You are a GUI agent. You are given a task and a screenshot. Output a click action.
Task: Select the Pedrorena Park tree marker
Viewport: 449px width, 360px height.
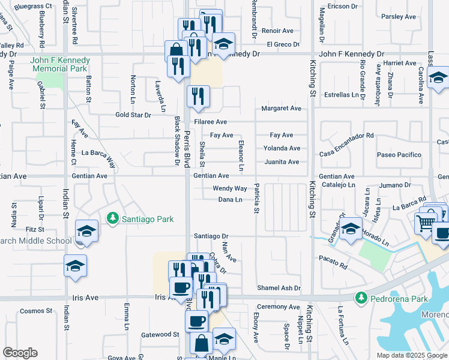tap(361, 298)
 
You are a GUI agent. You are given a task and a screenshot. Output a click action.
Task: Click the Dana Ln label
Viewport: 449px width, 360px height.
tap(230, 200)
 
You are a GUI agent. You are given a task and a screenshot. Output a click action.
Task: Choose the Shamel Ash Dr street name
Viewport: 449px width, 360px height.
tap(279, 288)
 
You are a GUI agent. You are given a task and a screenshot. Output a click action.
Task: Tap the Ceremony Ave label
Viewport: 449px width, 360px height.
tap(279, 307)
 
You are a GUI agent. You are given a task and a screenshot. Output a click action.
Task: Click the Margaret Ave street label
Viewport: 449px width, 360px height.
tap(281, 109)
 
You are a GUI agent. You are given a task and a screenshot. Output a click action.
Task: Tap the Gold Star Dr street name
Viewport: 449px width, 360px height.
tap(133, 115)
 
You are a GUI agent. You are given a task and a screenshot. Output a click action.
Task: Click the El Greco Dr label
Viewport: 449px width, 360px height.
tap(283, 44)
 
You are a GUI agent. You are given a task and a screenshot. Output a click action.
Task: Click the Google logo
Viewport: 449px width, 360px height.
tap(20, 353)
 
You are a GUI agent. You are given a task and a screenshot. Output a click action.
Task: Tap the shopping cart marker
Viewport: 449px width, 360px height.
tap(426, 223)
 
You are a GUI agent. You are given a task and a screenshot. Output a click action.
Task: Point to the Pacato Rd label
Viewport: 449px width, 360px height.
tap(334, 265)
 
